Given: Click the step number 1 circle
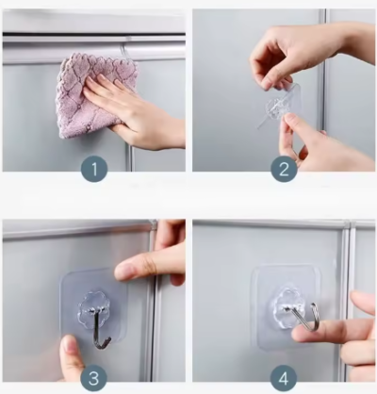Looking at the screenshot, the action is coord(94,170).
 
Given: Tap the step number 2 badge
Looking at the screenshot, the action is coord(284,170).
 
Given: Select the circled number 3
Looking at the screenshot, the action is coord(93,379).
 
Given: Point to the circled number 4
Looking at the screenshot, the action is coord(284,379).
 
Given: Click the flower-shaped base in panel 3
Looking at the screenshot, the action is coord(93,306).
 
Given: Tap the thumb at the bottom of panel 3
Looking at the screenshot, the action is coord(73,358).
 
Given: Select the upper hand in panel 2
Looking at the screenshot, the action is coord(302,55).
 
